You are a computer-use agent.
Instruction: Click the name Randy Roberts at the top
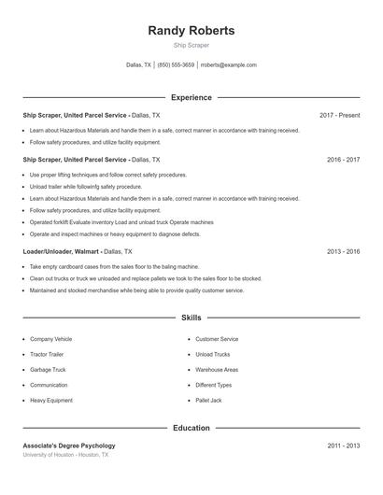[191, 31]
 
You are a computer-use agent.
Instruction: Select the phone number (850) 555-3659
[176, 65]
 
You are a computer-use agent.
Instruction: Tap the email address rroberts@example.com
[228, 65]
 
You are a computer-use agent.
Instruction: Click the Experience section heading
[191, 97]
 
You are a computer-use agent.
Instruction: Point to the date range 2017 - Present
[339, 115]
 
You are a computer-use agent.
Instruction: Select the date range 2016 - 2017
[343, 160]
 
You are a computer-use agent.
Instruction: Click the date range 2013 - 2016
[343, 251]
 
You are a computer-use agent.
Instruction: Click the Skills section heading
[191, 318]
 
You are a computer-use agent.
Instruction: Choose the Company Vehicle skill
[50, 339]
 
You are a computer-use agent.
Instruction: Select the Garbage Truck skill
[49, 370]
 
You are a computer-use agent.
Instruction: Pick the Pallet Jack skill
[208, 400]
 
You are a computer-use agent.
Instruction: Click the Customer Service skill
[217, 339]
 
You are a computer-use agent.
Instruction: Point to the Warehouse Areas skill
[217, 370]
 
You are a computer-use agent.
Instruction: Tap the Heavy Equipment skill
[50, 400]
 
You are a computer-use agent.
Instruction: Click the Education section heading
[191, 428]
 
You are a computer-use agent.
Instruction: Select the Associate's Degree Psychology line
[69, 445]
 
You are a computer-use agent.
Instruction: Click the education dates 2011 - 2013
[343, 445]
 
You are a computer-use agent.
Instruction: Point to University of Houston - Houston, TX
[65, 455]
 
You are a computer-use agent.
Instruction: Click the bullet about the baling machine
[114, 266]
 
